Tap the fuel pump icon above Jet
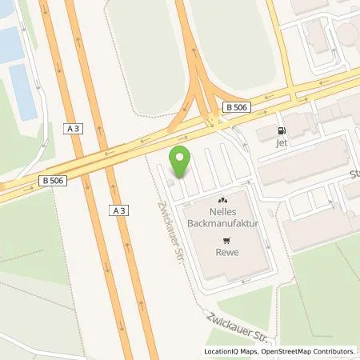pos(281,131)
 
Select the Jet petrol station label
pos(281,144)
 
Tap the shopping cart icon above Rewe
pos(227,239)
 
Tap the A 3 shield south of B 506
pos(118,210)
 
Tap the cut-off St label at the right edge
pos(354,173)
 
